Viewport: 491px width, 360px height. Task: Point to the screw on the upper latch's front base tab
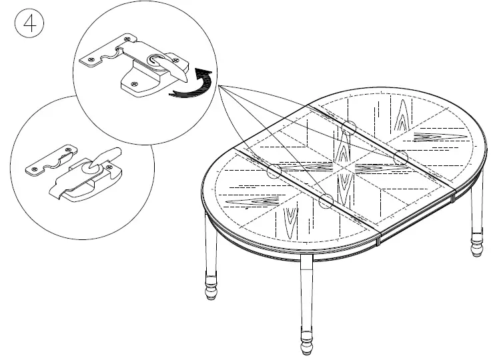(x=135, y=85)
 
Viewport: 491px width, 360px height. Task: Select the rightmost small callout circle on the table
(x=401, y=158)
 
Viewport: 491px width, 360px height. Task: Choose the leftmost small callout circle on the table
(x=273, y=171)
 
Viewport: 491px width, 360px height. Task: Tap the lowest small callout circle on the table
(x=326, y=202)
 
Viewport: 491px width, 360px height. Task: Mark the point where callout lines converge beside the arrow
(x=217, y=87)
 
